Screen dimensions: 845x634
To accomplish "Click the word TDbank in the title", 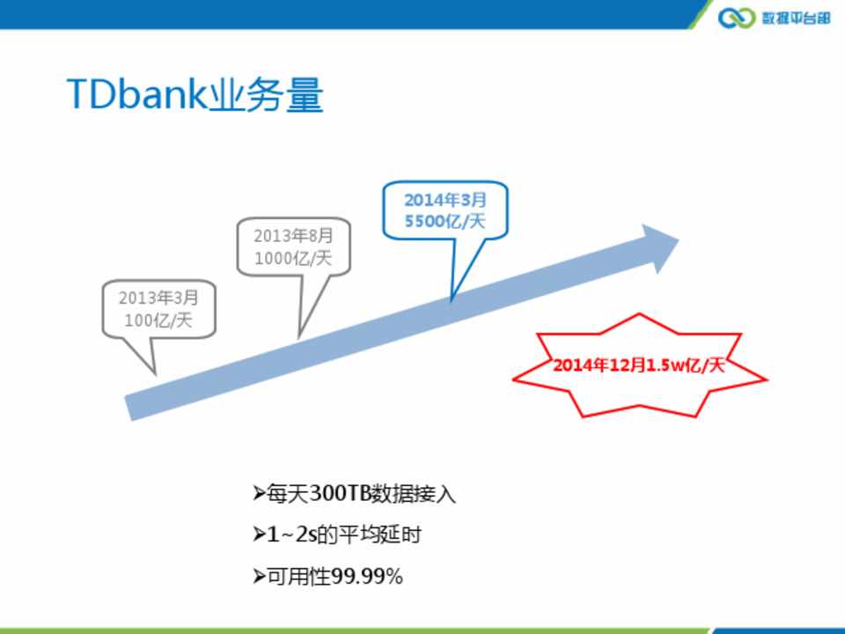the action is pos(137,94).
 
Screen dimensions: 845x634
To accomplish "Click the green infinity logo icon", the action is pos(737,18).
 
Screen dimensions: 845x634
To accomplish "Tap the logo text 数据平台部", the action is pos(796,18).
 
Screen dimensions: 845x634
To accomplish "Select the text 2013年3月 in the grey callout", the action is pos(158,298).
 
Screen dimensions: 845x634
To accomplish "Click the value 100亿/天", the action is pos(158,321).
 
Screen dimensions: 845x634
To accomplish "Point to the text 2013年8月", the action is pos(293,236).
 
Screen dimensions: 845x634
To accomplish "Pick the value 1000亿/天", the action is pos(293,258).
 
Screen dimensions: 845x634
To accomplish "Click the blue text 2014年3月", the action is pos(445,200).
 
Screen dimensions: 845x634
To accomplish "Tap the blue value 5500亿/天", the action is pos(445,221).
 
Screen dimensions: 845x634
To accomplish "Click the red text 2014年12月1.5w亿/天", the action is pos(639,365).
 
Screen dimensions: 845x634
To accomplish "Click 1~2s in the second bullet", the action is pos(291,534).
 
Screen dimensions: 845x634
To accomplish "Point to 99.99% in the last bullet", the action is pos(366,576).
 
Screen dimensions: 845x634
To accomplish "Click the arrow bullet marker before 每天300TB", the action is pos(259,493).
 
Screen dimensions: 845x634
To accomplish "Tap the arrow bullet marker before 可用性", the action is pos(259,576).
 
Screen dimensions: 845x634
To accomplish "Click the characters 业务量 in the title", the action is pos(266,94).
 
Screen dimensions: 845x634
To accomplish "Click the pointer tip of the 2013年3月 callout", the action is pos(155,373).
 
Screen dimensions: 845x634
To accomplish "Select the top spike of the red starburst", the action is pos(639,314).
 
